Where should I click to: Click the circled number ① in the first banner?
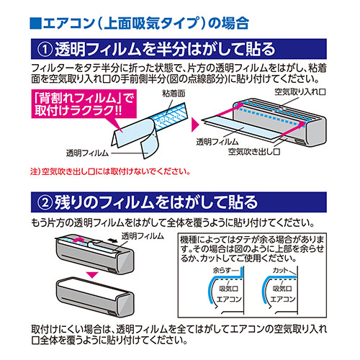coord(45,50)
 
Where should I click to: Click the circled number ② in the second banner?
coord(45,202)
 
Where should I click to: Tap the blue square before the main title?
coord(36,23)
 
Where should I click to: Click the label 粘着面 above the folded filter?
coord(174,94)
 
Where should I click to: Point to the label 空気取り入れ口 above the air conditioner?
coord(300,92)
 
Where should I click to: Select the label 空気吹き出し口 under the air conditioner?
coord(254,152)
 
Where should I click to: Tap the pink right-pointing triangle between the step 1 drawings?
coord(195,125)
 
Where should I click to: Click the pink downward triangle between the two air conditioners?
coord(93,275)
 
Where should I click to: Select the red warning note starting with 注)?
coord(110,171)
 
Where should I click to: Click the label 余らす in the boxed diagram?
coord(222,271)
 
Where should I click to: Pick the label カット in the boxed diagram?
coord(280,271)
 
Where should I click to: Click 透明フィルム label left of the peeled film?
coord(87,153)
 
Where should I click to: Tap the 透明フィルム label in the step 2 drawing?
coord(143,236)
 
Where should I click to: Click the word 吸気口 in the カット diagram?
coord(282,289)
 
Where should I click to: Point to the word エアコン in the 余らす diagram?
coord(229,300)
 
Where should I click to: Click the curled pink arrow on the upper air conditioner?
coord(79,240)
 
